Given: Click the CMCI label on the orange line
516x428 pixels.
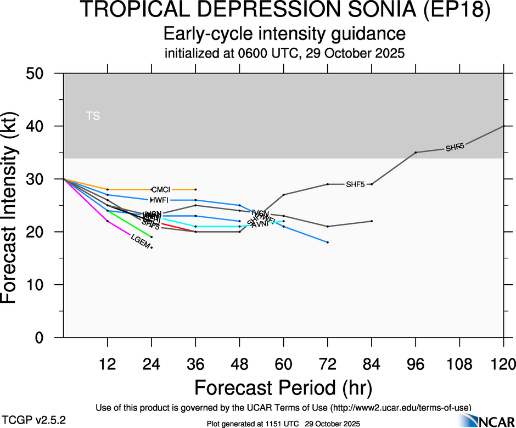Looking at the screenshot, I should point(160,189).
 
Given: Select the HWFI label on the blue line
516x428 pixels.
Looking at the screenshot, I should point(159,200).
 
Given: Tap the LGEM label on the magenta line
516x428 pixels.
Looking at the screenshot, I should point(140,241).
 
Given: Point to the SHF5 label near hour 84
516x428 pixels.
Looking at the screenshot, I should point(355,184).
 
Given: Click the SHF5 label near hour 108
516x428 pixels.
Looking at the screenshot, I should point(455,148).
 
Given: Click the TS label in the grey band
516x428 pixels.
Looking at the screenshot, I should point(93,116).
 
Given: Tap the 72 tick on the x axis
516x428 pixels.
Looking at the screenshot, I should point(327,364).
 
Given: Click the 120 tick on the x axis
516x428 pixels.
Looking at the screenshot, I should point(503,364).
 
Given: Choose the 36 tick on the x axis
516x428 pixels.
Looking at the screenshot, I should point(195,364).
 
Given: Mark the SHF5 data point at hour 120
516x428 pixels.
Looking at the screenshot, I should point(503,126).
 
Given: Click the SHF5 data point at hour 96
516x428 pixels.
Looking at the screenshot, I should point(416,152).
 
